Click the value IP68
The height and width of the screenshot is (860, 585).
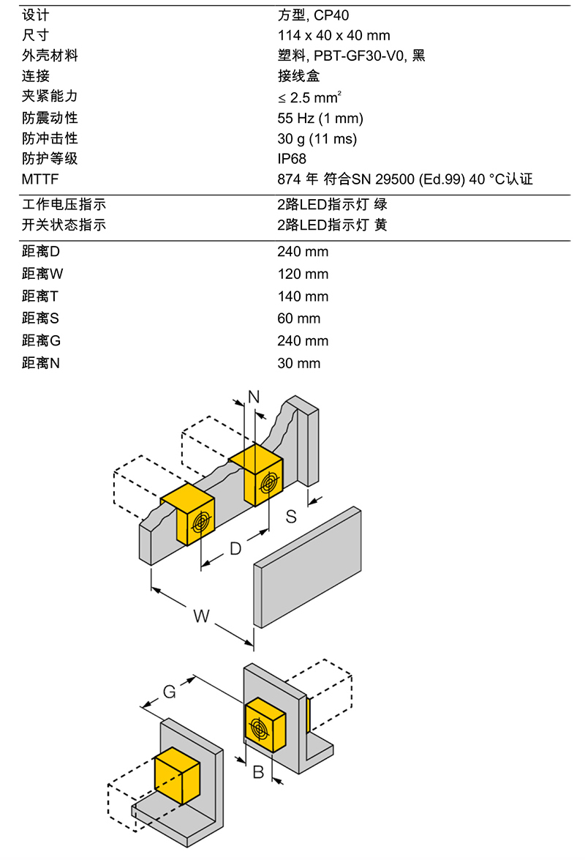tap(292, 159)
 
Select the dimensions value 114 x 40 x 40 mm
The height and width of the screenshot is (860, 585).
tap(333, 35)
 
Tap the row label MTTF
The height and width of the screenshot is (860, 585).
tap(40, 179)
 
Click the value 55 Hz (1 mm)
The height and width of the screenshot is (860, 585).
tap(320, 118)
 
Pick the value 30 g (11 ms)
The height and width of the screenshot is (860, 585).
tap(317, 139)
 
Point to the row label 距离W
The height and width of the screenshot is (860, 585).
tap(42, 274)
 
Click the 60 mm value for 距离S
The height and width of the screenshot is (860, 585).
tap(298, 318)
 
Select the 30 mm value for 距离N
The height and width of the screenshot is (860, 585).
tap(298, 363)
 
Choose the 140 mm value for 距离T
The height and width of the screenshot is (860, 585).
tap(303, 296)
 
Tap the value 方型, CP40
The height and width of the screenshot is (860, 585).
tap(313, 15)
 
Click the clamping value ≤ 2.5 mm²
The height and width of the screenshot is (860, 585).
tap(309, 97)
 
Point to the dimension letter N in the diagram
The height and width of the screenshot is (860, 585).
tap(254, 397)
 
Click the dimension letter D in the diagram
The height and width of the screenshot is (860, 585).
tap(235, 548)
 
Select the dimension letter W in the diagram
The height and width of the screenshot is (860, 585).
tap(201, 616)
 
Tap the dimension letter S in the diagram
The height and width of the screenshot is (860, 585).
tap(291, 517)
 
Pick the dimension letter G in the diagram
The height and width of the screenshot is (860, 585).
tap(169, 692)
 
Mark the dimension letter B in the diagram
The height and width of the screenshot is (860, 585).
tap(258, 772)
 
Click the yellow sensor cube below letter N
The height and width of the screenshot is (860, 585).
tap(257, 475)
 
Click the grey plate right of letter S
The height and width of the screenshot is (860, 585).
tap(307, 567)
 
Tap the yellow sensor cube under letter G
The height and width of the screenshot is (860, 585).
tap(176, 776)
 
